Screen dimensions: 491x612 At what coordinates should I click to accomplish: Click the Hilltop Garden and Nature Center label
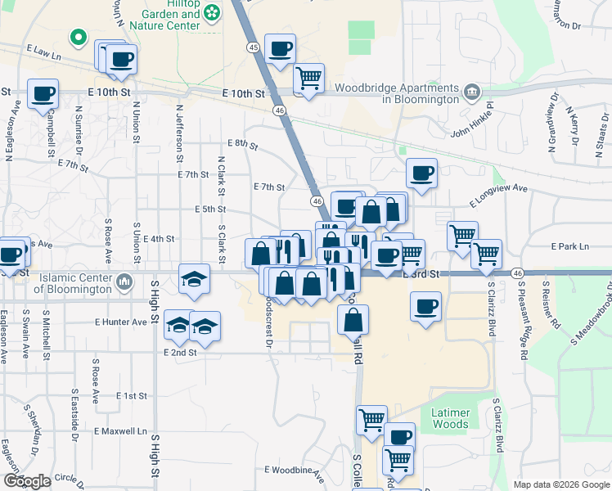(170, 15)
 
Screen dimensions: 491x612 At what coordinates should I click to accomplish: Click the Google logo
(27, 481)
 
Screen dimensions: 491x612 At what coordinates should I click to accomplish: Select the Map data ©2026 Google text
(560, 484)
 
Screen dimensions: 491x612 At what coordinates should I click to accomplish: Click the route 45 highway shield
(252, 48)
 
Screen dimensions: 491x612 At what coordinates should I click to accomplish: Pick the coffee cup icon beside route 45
(281, 50)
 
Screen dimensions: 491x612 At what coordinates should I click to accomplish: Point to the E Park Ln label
(570, 245)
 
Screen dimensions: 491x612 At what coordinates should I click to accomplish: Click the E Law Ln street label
(44, 53)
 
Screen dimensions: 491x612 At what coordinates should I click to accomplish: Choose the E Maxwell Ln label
(119, 430)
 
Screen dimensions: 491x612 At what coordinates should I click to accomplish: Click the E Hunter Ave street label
(120, 322)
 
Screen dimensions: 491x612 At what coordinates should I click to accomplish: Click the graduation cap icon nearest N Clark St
(195, 278)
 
